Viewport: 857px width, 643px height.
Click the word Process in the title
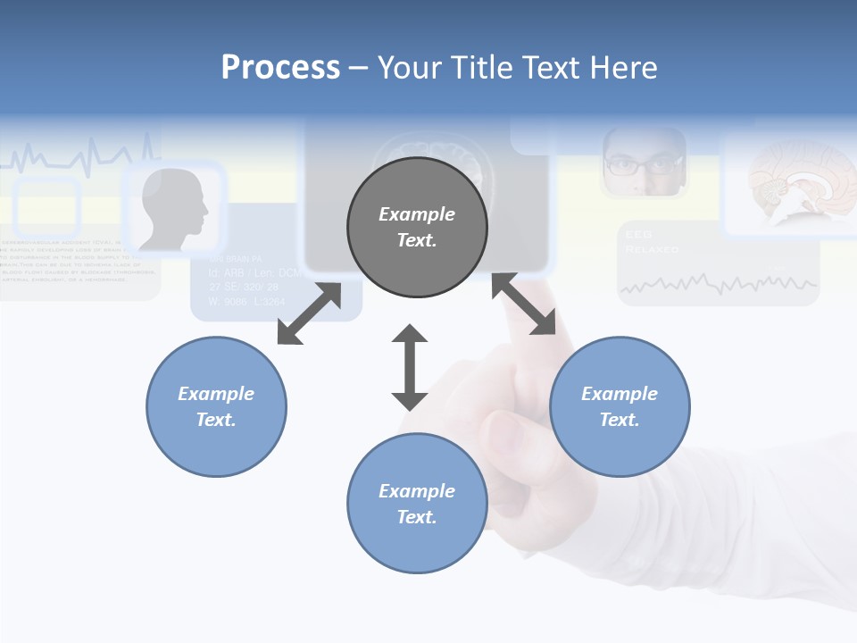[280, 68]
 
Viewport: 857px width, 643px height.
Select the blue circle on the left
[216, 406]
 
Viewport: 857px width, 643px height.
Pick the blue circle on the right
[620, 406]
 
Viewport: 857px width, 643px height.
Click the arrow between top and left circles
[309, 313]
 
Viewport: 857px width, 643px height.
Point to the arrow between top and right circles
[524, 305]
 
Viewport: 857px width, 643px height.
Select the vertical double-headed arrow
[410, 367]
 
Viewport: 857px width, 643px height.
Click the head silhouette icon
[175, 209]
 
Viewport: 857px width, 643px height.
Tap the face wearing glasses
[643, 163]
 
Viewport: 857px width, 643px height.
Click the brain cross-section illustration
[789, 184]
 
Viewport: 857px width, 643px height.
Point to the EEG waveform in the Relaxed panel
[719, 284]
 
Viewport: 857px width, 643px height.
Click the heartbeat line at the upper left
[80, 156]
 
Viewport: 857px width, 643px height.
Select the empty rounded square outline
[47, 207]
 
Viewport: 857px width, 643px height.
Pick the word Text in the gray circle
[417, 240]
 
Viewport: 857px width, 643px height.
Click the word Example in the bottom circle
[417, 490]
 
